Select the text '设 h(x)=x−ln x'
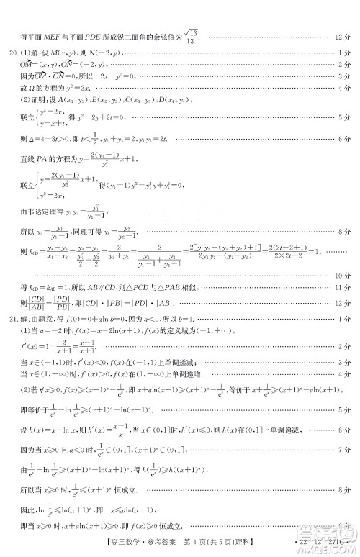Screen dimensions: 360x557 pos(54,450)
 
